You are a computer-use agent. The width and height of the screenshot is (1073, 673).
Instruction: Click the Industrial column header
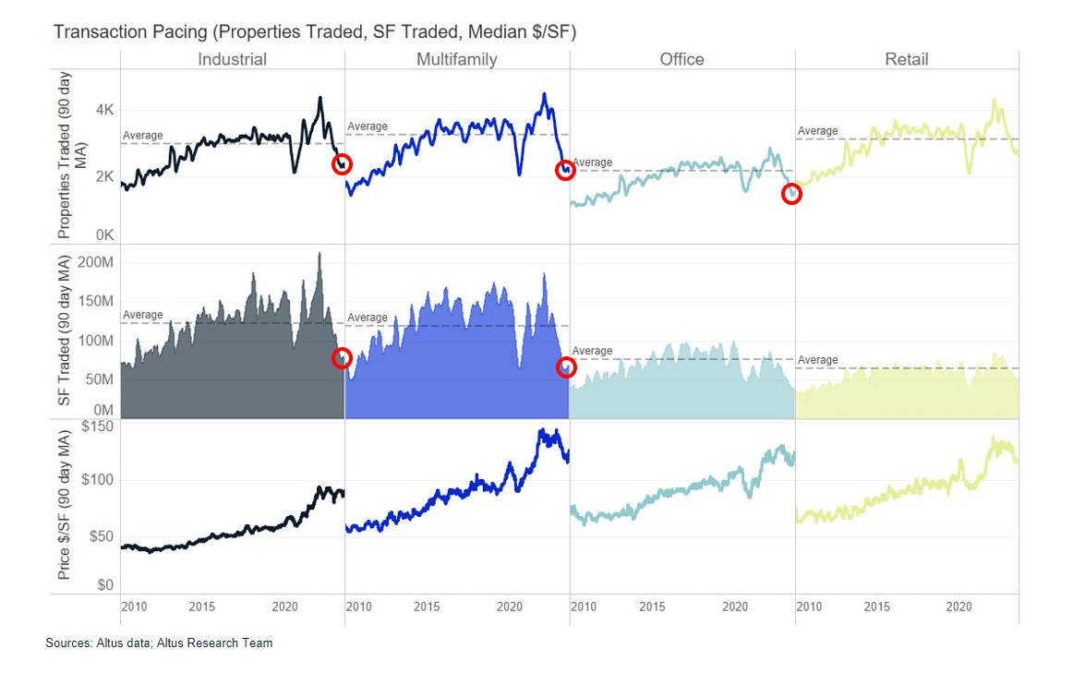coord(232,60)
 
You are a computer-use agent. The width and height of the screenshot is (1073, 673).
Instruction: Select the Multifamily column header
coord(456,60)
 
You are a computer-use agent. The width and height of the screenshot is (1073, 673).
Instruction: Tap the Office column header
coord(681,60)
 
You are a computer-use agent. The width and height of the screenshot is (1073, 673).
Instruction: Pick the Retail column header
coord(906,60)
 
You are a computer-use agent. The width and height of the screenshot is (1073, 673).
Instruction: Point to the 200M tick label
coord(95,262)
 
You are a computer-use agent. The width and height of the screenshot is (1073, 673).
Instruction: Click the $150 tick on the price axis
coord(97,427)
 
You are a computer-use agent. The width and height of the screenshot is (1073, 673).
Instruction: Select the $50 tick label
coord(101,536)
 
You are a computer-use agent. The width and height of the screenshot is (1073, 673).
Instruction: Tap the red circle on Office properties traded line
coord(791,194)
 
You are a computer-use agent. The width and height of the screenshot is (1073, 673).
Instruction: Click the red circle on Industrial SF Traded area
coord(342,358)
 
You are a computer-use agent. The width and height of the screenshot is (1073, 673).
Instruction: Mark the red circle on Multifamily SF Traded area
coord(566,367)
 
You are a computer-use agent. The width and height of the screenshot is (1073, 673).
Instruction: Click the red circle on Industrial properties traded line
coord(342,164)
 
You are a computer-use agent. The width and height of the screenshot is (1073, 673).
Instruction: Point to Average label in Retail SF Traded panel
coord(817,360)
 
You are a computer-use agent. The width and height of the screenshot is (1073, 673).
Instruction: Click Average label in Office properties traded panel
coord(592,162)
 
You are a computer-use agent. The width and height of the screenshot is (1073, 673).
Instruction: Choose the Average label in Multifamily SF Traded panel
coord(368,318)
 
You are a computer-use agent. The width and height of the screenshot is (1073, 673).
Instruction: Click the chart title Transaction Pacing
coord(314,32)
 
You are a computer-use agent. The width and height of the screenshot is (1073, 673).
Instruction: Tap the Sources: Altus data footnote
coord(159,643)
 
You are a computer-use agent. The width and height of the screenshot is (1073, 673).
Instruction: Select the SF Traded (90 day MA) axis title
coord(66,331)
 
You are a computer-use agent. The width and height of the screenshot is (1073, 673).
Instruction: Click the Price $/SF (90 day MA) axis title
coord(66,507)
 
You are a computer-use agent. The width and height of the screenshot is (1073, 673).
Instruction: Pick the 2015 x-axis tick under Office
coord(652,607)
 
